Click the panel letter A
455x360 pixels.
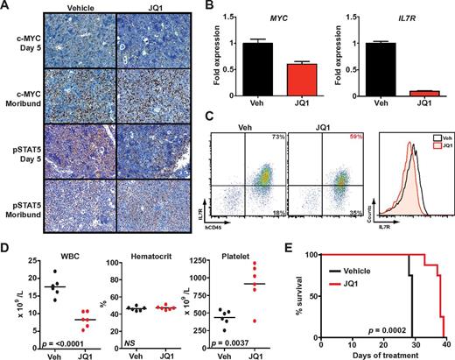pos(7,8)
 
